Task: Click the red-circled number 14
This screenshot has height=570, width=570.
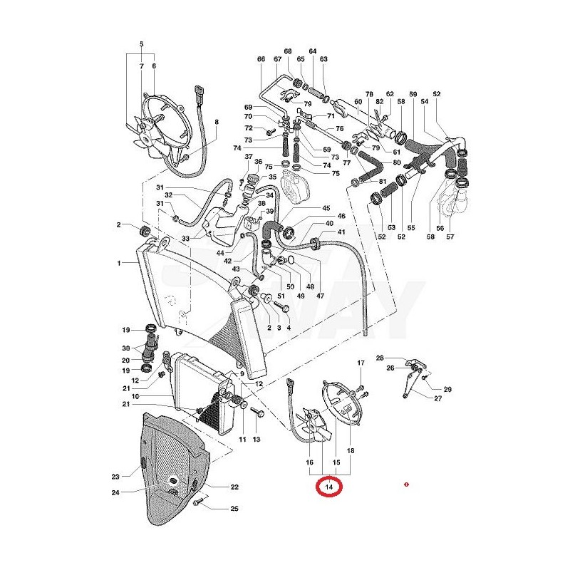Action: point(329,487)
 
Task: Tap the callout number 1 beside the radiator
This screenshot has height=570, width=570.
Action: point(120,264)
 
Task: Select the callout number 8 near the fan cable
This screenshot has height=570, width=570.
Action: point(217,122)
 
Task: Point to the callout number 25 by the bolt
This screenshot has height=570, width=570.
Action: point(234,509)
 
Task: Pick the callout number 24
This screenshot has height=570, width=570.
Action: point(115,492)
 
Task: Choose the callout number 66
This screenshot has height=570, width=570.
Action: point(261,59)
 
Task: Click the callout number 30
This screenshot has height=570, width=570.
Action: point(125,348)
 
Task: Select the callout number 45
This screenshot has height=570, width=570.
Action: point(326,209)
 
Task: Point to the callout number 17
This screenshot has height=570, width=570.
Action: point(361,363)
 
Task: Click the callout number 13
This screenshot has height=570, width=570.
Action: point(256,440)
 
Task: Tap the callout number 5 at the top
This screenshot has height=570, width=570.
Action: point(142,45)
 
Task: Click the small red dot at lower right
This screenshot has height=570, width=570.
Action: point(405,485)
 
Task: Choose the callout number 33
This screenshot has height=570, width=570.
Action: point(185,238)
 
